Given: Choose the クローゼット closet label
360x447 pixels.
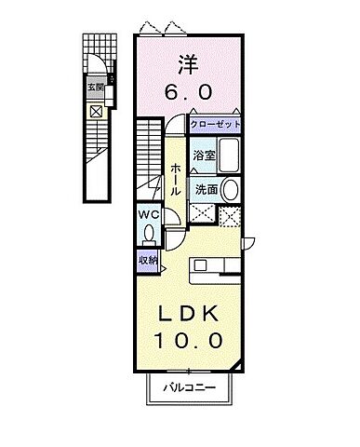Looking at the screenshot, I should pyautogui.click(x=216, y=124).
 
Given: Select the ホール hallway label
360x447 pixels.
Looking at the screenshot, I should pyautogui.click(x=176, y=178).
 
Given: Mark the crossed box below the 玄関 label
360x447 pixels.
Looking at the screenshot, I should pyautogui.click(x=96, y=111).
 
